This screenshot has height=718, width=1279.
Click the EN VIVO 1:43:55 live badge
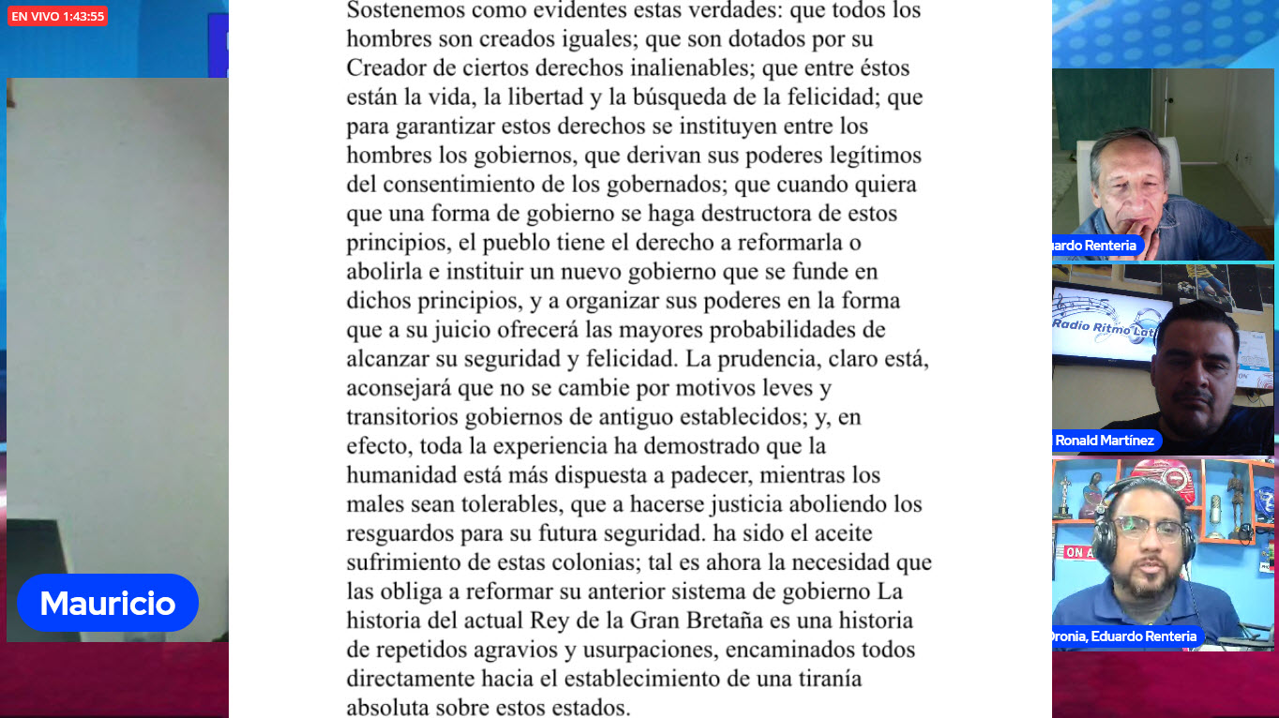click(57, 16)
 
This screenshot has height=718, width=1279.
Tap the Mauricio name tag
click(107, 603)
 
